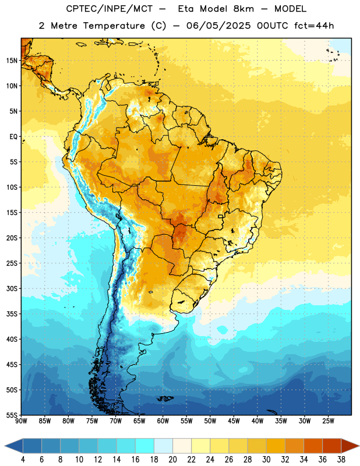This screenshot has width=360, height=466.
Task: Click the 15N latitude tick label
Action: click(12, 61)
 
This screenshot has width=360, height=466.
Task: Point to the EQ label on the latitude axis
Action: click(13, 137)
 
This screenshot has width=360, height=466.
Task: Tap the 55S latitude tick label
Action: click(12, 415)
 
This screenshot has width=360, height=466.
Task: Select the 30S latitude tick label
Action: click(12, 288)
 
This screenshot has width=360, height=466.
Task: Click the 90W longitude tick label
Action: click(21, 421)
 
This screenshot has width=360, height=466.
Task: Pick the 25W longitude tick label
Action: click(328, 421)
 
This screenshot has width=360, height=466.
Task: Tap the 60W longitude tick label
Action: click(163, 421)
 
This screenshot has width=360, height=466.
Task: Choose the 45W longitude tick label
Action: click(234, 421)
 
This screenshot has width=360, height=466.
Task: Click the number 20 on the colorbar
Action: click(172, 460)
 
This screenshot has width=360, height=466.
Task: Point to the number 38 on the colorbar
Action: click(341, 460)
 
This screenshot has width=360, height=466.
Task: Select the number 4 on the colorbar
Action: click(23, 460)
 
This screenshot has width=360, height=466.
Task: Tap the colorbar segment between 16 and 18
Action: click(145, 446)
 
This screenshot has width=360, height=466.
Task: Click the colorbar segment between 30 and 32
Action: click(276, 446)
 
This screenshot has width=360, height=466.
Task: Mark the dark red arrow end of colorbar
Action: click(350, 446)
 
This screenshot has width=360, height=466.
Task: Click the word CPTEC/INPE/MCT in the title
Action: click(109, 9)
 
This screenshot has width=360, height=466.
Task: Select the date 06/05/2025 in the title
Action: click(218, 26)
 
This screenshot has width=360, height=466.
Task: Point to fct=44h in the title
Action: click(314, 26)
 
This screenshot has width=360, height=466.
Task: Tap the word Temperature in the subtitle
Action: click(114, 26)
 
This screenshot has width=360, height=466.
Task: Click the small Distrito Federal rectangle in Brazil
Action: click(221, 216)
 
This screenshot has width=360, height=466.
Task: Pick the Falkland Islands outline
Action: click(165, 398)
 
